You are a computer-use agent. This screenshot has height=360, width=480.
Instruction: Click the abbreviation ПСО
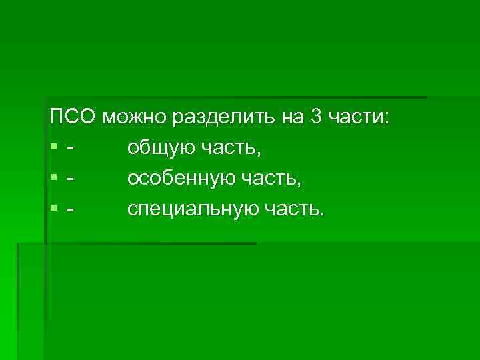73,119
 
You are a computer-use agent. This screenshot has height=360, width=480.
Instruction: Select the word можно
136,119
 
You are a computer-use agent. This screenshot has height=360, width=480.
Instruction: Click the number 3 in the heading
315,119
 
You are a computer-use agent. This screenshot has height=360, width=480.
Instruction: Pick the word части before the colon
358,119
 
